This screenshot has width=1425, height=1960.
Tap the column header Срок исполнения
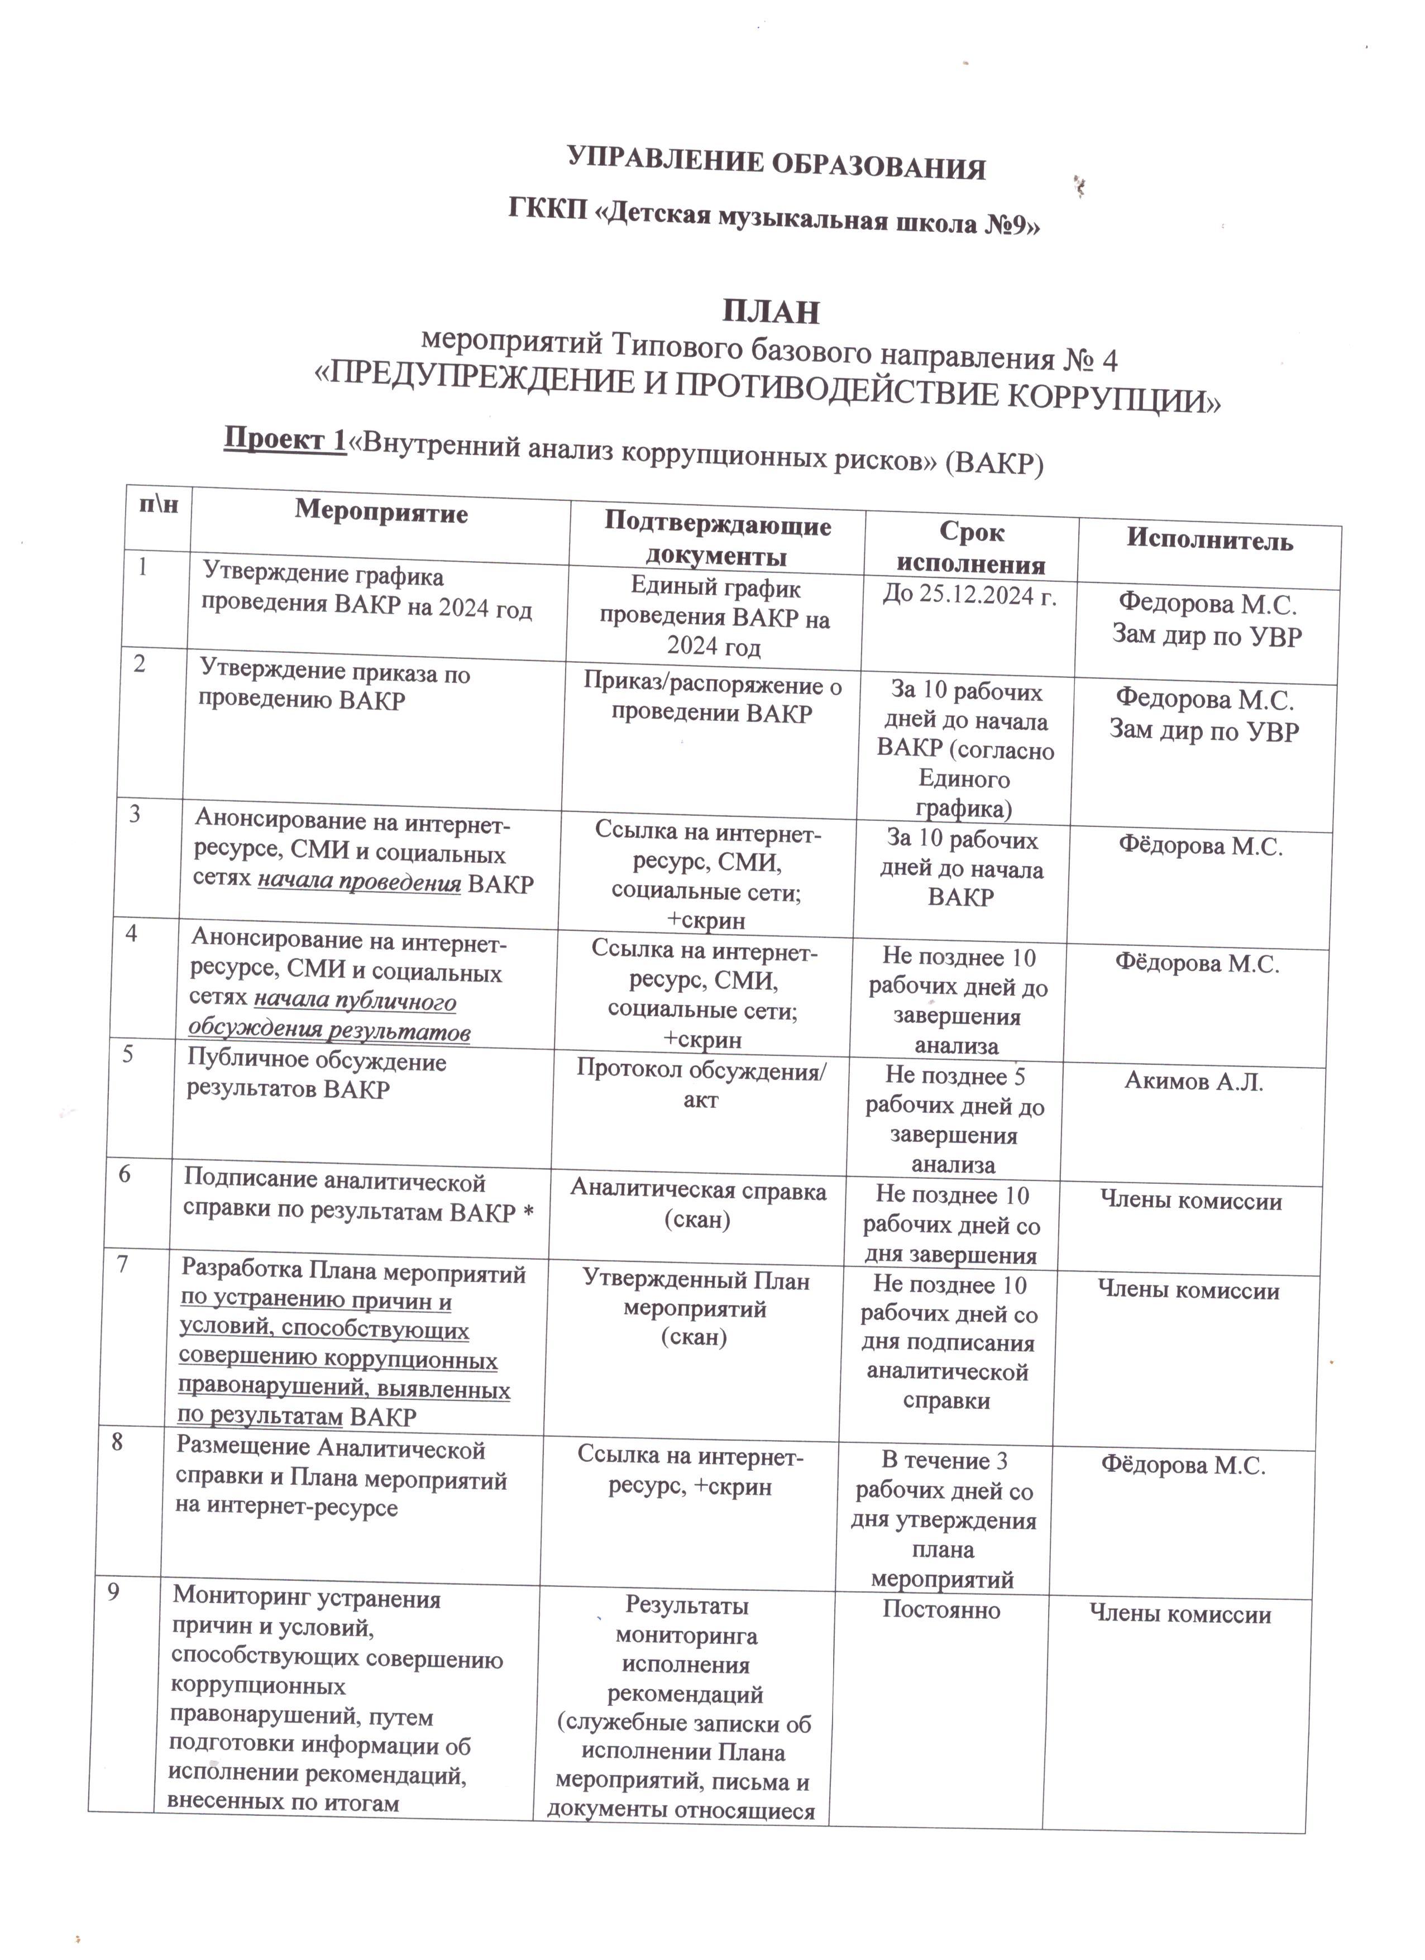970,548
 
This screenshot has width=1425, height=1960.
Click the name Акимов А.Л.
1193,1081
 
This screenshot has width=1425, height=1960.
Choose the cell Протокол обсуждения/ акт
701,1086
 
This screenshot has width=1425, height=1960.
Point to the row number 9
113,1592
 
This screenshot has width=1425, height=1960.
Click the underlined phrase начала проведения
358,883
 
